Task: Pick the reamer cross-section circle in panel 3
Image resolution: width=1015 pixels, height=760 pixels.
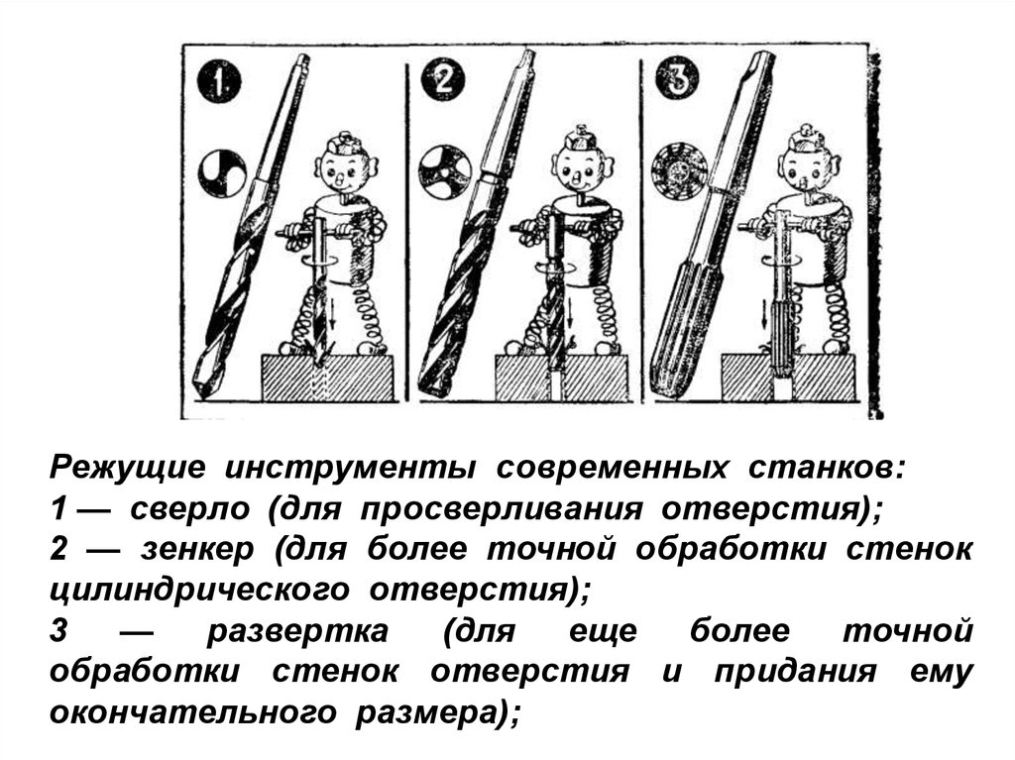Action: coord(674,172)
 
